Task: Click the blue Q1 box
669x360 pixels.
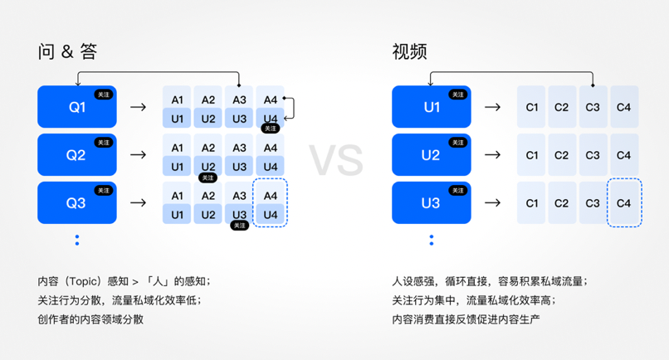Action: click(x=76, y=107)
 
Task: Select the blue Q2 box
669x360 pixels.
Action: click(x=76, y=154)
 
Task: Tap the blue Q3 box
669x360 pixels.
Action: click(x=76, y=202)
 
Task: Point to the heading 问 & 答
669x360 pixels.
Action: click(x=67, y=51)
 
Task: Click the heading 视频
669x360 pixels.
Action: click(x=409, y=51)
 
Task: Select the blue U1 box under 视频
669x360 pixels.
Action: click(x=431, y=107)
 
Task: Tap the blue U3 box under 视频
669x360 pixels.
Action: click(x=431, y=202)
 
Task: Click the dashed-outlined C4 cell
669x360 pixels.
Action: click(x=624, y=202)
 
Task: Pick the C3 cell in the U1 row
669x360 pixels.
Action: click(x=593, y=107)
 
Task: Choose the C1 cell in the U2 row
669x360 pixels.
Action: click(x=532, y=155)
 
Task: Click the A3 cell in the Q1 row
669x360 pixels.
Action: click(x=239, y=100)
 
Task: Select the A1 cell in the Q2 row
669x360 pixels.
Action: click(x=177, y=148)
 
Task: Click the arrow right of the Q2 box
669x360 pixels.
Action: click(x=139, y=154)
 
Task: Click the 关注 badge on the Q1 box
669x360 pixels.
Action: click(x=103, y=95)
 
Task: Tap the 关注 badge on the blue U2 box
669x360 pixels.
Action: click(x=457, y=143)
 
